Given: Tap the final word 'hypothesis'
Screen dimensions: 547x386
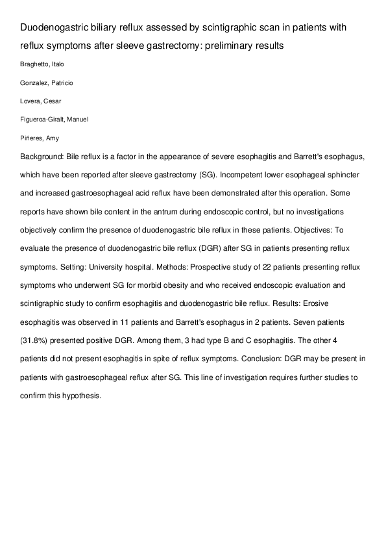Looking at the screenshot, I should pos(80,395).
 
